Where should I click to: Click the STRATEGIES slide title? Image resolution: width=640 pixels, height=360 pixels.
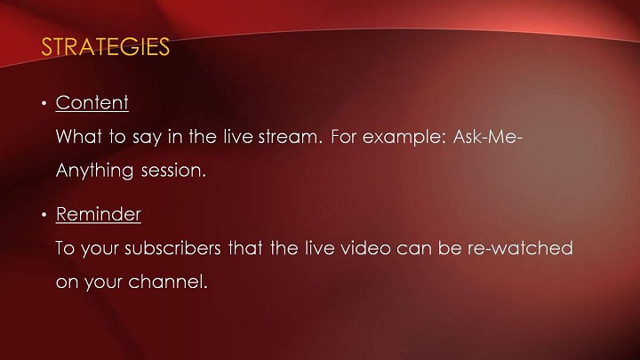[x=105, y=46]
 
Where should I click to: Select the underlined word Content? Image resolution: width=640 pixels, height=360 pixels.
[x=92, y=102]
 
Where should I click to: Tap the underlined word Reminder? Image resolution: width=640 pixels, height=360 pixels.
[x=99, y=214]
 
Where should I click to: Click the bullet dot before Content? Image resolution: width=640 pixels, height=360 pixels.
[x=44, y=104]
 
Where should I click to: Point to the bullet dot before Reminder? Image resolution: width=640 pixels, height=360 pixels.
[x=44, y=215]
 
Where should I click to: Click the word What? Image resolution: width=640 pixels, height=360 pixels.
[x=79, y=136]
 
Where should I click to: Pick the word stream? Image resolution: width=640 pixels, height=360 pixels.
[x=290, y=137]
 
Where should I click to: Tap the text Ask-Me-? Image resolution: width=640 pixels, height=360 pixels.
[x=488, y=136]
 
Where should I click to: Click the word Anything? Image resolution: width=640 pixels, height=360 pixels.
[x=95, y=171]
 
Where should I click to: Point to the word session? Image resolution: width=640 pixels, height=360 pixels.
[x=173, y=171]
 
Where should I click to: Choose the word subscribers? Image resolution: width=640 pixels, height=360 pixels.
[x=172, y=248]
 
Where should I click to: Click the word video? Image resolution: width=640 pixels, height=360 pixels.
[x=365, y=248]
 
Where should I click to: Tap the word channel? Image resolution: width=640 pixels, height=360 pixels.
[x=168, y=282]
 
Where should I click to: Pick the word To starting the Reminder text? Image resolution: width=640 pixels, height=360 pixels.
[x=65, y=248]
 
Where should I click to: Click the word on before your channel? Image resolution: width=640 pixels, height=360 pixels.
[x=67, y=283]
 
